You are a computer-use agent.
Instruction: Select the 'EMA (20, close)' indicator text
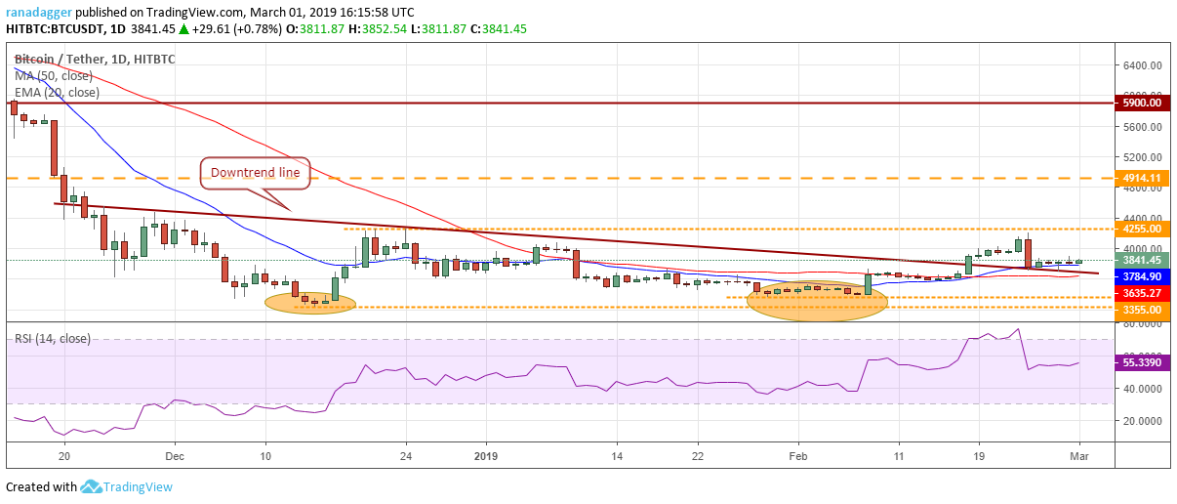tap(57, 93)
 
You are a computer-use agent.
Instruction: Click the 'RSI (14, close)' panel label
tap(53, 339)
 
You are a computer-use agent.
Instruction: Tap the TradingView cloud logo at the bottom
tap(93, 486)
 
